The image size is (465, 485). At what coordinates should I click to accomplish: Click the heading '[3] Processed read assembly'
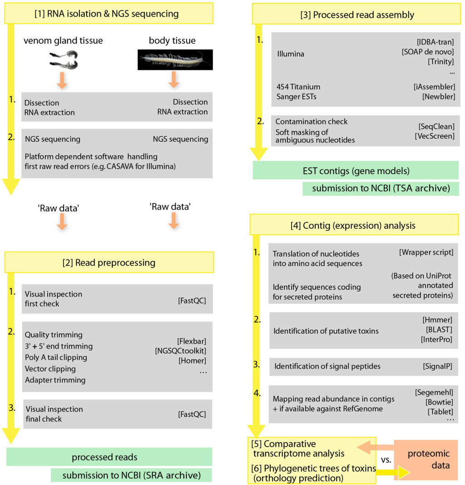[357, 15]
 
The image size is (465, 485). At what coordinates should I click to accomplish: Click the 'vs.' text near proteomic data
[386, 459]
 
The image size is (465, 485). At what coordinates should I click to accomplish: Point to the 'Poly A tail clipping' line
[56, 358]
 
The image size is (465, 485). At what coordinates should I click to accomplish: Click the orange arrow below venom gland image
[63, 80]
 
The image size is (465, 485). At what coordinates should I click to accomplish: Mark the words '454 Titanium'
[298, 87]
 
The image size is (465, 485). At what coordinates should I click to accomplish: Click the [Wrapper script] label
[426, 251]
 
